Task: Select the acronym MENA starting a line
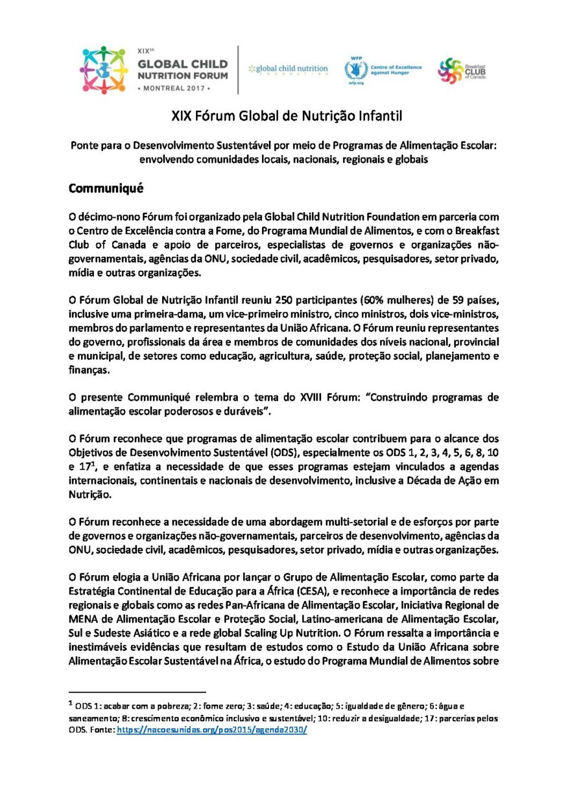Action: [x=82, y=616]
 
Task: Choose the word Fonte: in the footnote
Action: [x=101, y=729]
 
